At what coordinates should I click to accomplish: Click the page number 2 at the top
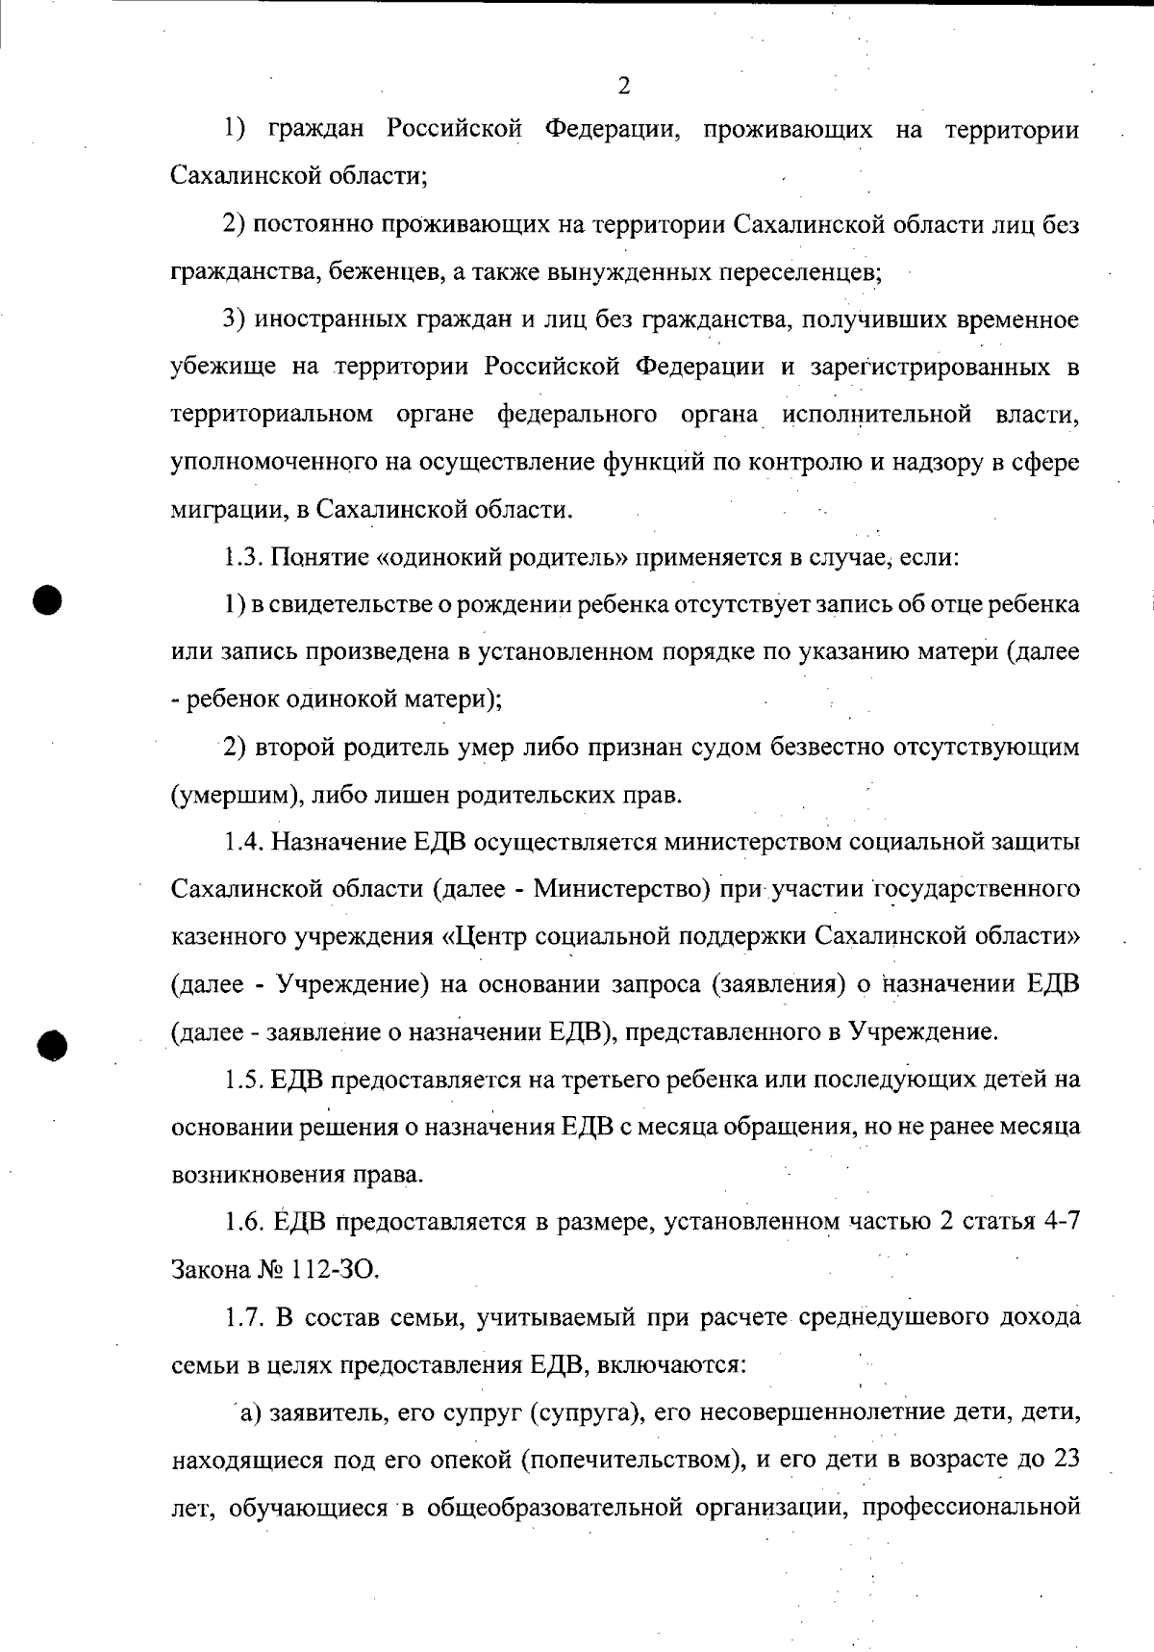tap(623, 88)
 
